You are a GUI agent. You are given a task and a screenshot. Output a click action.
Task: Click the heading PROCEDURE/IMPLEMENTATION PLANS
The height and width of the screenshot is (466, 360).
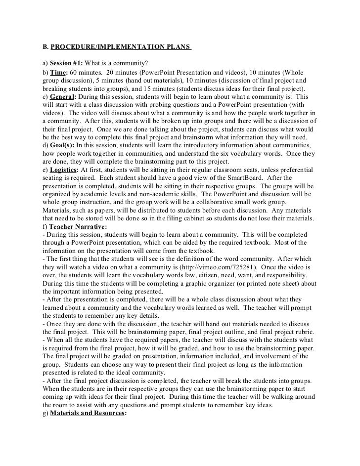[121, 48]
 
